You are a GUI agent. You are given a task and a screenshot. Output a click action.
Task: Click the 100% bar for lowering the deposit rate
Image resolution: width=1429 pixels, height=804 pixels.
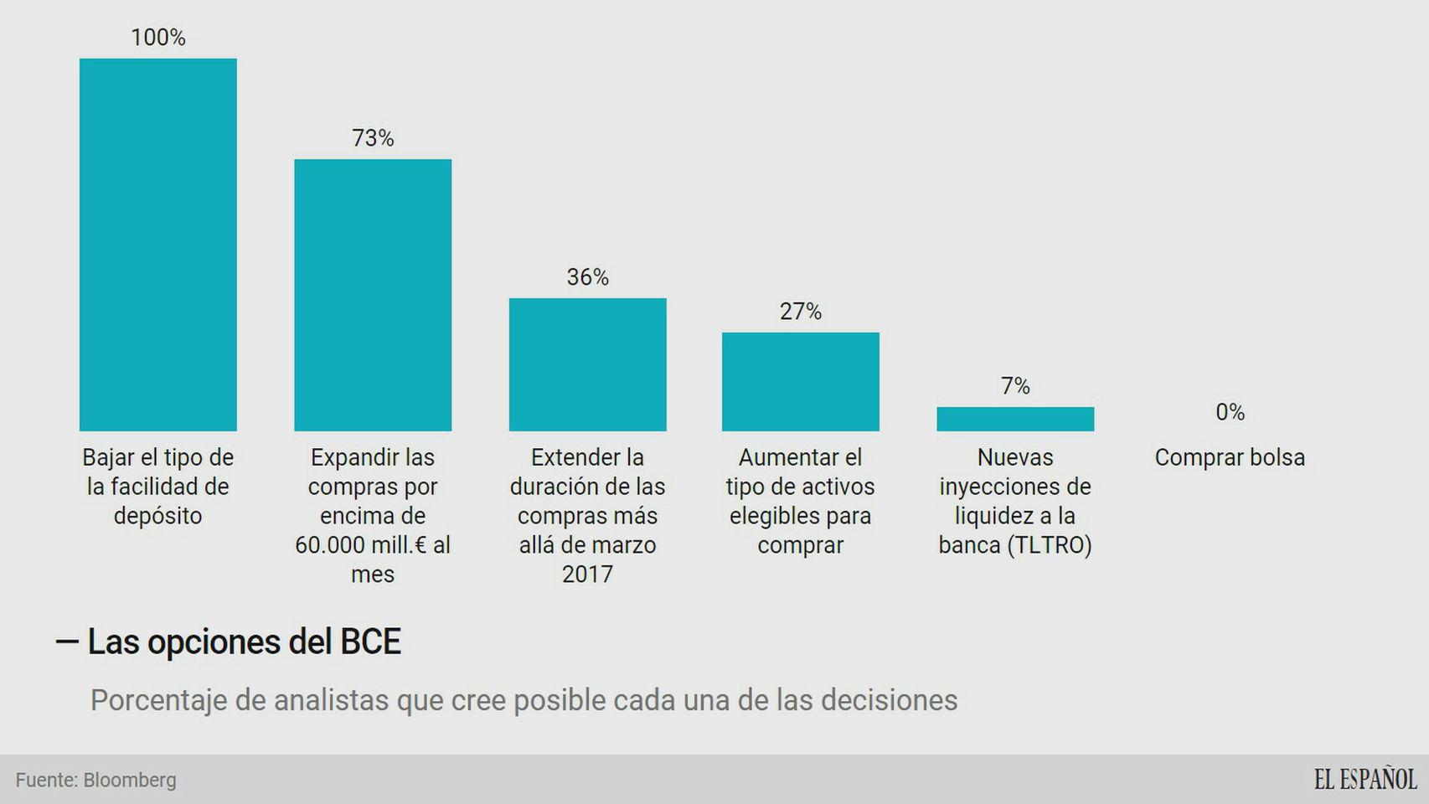[157, 245]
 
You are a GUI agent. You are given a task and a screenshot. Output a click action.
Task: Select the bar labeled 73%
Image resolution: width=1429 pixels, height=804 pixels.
[373, 295]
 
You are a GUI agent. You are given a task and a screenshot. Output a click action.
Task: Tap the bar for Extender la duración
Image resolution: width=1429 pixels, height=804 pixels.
[587, 364]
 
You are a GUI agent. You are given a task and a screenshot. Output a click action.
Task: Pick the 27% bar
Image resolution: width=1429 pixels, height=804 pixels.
[800, 382]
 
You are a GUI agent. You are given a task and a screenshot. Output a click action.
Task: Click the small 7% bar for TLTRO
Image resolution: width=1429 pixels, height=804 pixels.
[1014, 419]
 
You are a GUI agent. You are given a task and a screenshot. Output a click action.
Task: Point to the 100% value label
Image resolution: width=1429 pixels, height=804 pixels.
[157, 38]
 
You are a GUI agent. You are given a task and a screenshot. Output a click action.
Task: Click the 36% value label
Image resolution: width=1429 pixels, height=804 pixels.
[587, 277]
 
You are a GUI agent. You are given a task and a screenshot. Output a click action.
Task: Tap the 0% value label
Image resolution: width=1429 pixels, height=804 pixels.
[1230, 412]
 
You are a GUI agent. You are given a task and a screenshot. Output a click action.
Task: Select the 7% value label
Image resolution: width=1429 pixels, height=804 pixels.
[1014, 386]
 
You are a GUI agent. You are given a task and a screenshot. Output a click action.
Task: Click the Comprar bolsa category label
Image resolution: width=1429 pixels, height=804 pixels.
[1230, 458]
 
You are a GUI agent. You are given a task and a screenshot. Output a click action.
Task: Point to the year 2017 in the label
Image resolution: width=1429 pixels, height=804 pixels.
[587, 575]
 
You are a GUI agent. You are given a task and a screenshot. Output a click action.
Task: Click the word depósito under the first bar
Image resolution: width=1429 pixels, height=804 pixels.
[157, 516]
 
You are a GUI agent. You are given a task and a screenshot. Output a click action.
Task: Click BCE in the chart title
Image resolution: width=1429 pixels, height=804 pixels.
[370, 642]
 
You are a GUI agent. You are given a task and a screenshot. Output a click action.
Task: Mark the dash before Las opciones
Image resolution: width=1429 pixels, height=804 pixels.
[67, 642]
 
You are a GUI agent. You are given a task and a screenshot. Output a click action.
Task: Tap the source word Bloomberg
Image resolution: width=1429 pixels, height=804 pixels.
[130, 781]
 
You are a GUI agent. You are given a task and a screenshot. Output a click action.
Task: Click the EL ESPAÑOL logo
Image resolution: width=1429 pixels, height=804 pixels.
[1365, 780]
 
